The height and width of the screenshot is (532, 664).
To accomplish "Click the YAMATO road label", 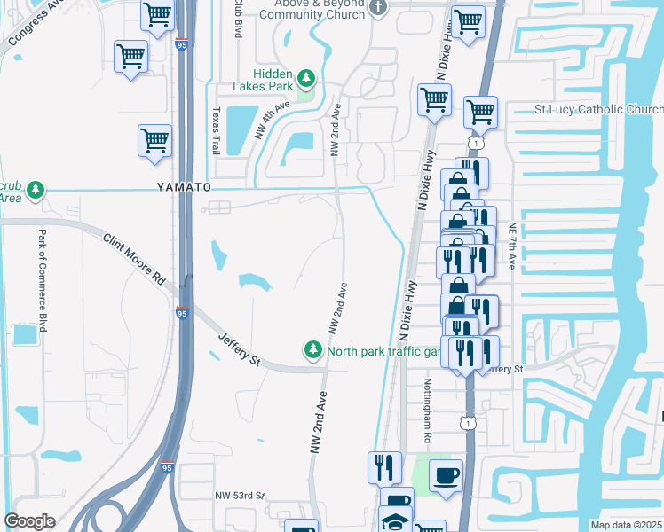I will click(185, 188).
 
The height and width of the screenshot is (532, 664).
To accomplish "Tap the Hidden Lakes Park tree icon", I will click(305, 79).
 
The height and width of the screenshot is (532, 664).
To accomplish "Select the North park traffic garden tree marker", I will click(312, 351).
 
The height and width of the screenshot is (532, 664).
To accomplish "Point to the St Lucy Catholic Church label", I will click(593, 110).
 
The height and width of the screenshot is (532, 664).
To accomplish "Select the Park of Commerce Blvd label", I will click(42, 278).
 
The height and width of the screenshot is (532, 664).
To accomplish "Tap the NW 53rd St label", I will click(240, 495).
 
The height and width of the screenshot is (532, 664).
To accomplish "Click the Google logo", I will click(29, 520).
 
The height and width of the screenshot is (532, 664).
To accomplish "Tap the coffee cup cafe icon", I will click(446, 474).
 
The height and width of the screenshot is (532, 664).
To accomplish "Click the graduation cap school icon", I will click(396, 520).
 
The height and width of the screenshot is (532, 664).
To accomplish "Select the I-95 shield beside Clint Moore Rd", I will click(181, 313).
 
